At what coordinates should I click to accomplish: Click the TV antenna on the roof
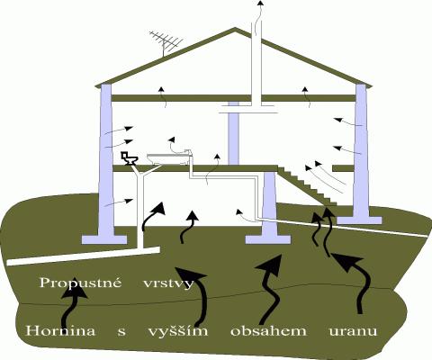click(165, 41)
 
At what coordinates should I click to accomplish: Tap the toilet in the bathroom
click(130, 158)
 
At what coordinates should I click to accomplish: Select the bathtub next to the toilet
click(169, 159)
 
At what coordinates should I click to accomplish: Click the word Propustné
click(80, 283)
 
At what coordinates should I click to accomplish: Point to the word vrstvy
click(168, 283)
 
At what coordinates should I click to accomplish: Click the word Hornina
click(61, 331)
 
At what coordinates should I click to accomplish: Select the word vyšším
click(178, 331)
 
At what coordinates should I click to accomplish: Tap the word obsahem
click(268, 331)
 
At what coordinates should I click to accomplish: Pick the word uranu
click(353, 331)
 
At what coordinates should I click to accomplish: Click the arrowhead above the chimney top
click(261, 3)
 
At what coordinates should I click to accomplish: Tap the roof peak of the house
click(235, 28)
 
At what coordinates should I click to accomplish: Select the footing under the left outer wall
click(104, 239)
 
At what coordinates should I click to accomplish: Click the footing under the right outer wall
click(359, 220)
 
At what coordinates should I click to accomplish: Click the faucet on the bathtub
click(188, 151)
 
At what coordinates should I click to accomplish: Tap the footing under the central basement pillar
click(268, 239)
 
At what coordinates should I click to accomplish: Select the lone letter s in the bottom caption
click(121, 332)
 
